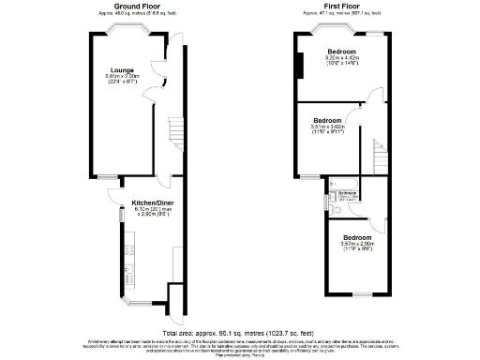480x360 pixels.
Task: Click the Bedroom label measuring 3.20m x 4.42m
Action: click(x=340, y=52)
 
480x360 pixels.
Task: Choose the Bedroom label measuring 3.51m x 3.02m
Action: click(x=327, y=122)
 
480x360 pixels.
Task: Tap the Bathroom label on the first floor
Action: click(x=348, y=192)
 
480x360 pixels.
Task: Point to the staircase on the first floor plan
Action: click(x=379, y=154)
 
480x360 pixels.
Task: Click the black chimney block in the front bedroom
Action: click(x=300, y=67)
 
